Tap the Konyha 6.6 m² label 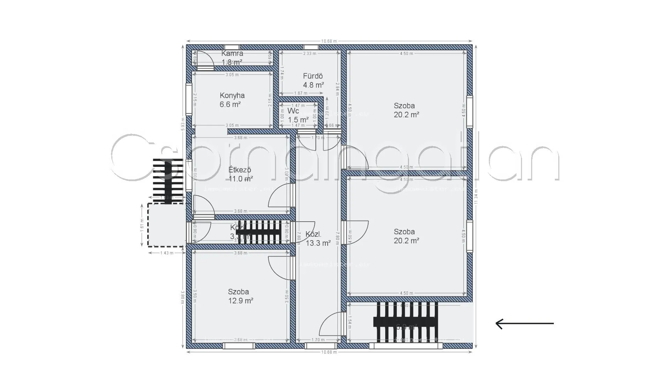click(x=232, y=100)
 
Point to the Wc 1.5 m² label click(x=298, y=115)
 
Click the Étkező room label click(x=240, y=174)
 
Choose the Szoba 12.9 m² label click(x=240, y=296)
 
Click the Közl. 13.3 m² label click(x=318, y=239)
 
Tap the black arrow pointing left click(x=524, y=324)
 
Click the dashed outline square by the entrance click(x=166, y=225)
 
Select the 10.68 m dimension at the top click(x=329, y=41)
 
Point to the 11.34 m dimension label click(x=476, y=198)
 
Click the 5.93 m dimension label click(x=183, y=124)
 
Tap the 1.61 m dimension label click(x=142, y=225)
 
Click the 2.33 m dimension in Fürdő click(x=310, y=53)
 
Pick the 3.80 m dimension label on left click(x=183, y=297)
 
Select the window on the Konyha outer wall click(x=188, y=99)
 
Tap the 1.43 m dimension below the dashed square click(x=167, y=253)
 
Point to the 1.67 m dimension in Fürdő click(x=301, y=93)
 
